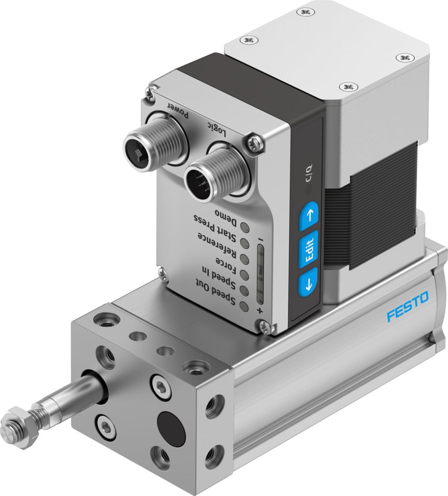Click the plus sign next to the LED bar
[260, 311]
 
